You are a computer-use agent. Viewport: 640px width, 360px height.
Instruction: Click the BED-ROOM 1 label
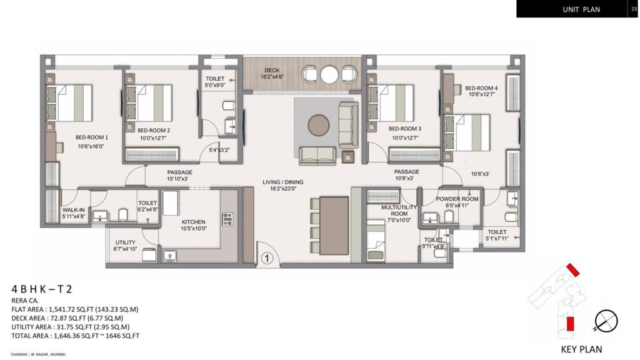(x=92, y=137)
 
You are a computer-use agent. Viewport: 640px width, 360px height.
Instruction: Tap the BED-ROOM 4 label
(x=481, y=88)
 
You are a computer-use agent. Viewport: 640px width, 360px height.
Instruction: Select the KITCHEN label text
(x=193, y=221)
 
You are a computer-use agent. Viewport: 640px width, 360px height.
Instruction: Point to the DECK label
(x=271, y=71)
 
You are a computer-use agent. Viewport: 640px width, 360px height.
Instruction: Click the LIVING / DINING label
(x=282, y=182)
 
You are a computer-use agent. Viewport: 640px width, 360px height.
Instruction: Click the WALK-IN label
(x=73, y=211)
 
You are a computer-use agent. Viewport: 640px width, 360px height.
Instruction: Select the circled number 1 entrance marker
(x=266, y=256)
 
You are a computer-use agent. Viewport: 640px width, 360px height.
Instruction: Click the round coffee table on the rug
(x=320, y=124)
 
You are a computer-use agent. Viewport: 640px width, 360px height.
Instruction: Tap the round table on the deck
(x=329, y=74)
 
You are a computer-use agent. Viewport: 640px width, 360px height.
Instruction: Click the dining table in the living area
(x=334, y=225)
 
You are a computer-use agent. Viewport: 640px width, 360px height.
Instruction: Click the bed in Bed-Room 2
(x=154, y=102)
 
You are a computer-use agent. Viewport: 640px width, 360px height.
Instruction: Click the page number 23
(x=634, y=9)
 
